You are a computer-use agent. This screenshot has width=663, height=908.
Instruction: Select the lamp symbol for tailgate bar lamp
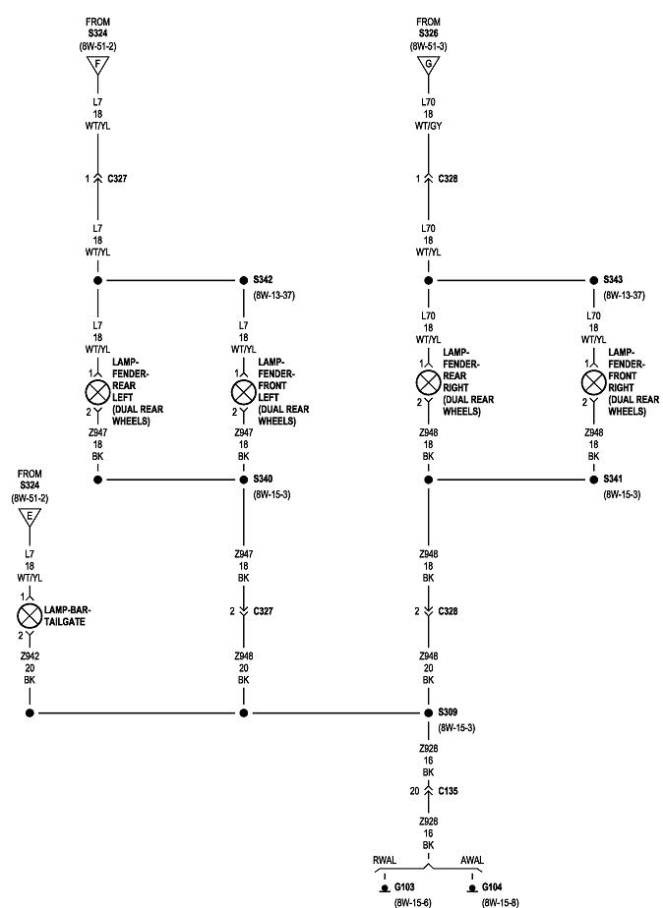click(30, 616)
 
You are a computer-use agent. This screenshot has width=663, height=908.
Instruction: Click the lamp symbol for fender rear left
click(97, 391)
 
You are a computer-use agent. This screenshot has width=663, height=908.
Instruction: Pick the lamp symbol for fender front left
click(243, 391)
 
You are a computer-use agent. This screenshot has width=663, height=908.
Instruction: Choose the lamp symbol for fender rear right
click(428, 382)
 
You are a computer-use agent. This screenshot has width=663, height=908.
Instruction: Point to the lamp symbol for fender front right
click(593, 382)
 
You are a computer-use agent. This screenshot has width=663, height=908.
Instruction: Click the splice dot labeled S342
click(243, 280)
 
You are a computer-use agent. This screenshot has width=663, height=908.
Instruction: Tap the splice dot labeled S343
click(593, 280)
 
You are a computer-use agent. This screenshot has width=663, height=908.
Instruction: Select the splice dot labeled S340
click(243, 480)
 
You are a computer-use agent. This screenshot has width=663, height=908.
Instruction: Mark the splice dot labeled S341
click(593, 480)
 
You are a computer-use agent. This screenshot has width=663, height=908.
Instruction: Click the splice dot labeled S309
click(428, 712)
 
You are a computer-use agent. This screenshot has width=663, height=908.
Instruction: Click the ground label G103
click(402, 885)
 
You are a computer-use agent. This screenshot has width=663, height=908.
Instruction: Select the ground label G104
click(493, 885)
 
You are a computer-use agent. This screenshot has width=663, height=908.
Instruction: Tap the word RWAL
click(385, 860)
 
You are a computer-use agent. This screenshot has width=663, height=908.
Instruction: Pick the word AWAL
click(472, 860)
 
